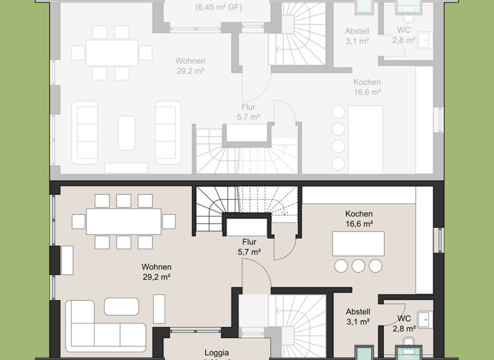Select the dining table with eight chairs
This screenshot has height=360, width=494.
coord(123,222)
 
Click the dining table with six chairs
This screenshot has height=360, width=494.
coord(112,53)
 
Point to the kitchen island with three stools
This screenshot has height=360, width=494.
coord(358,244)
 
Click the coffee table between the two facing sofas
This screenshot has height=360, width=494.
coord(127,133)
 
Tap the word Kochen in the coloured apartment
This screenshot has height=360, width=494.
coord(358,214)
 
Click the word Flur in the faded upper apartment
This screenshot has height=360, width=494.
coord(248,107)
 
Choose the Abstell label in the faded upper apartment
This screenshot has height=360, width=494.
coord(357,31)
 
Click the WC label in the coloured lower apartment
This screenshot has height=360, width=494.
coord(404,318)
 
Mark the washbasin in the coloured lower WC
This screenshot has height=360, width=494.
coord(425,319)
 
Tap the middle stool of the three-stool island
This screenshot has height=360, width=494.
coord(358,266)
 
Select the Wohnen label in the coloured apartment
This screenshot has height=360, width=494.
coord(156,267)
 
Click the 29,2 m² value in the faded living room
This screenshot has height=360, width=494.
coord(190,71)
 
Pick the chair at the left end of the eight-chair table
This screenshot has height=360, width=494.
coord(78,222)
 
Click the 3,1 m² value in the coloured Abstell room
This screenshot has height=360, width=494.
coord(358,321)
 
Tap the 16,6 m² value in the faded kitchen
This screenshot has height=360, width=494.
coord(367,92)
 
